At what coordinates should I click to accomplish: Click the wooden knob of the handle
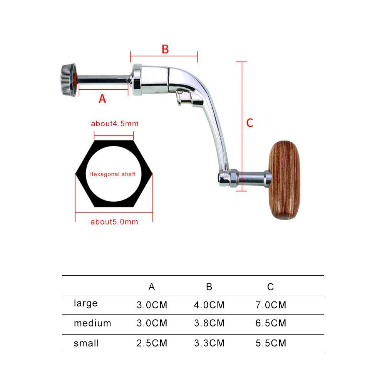click(x=285, y=180)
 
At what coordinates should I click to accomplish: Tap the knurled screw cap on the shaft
click(x=68, y=80)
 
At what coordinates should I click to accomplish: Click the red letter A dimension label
click(x=102, y=99)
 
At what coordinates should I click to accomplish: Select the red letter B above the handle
click(x=165, y=49)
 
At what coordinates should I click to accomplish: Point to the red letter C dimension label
click(x=250, y=123)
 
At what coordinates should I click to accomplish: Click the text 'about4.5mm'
click(x=115, y=124)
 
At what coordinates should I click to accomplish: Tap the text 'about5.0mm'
click(x=114, y=222)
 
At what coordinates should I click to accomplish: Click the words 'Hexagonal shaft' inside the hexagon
click(x=112, y=174)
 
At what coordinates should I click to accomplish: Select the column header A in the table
click(x=152, y=287)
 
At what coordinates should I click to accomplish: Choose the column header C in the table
click(x=271, y=287)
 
